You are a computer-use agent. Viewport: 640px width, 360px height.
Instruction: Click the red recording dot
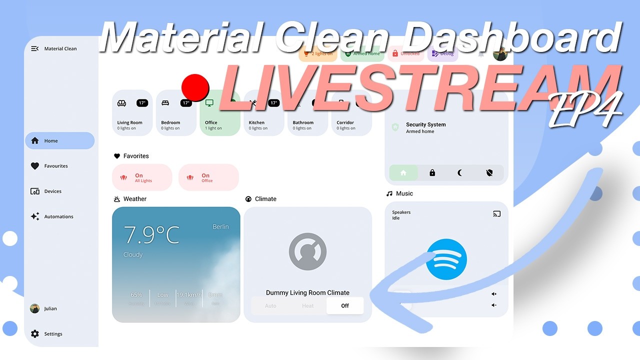[x=195, y=87]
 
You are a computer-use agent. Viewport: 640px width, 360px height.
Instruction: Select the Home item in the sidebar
[x=59, y=141]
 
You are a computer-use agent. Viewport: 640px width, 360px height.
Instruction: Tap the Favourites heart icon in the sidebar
[x=35, y=166]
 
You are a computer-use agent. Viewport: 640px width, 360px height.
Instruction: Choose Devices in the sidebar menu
[x=52, y=191]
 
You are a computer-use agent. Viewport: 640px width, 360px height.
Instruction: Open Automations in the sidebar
[x=58, y=217]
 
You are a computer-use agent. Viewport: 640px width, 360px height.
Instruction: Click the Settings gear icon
[x=35, y=334]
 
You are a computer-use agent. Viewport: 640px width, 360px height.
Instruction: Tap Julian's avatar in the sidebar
[x=35, y=308]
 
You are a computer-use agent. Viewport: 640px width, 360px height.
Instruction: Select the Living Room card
[x=132, y=113]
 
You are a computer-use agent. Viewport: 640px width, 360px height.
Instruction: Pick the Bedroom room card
[x=176, y=113]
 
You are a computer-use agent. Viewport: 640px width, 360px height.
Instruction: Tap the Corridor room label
[x=345, y=122]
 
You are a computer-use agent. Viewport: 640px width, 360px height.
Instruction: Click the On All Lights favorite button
[x=142, y=177]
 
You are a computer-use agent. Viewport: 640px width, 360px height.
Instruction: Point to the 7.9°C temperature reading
[x=151, y=234]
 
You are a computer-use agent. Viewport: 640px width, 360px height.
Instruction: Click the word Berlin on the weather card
[x=220, y=226]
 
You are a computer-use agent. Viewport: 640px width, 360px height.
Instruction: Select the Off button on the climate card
[x=345, y=305]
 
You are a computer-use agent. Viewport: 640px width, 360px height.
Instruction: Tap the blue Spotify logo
[x=446, y=259]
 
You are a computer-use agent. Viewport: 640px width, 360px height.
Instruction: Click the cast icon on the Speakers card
[x=496, y=214]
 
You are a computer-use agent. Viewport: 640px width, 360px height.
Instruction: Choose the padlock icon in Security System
[x=432, y=173]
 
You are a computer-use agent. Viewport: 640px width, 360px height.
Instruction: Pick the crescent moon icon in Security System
[x=460, y=173]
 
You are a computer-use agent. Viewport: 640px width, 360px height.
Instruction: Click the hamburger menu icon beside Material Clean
[x=34, y=48]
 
